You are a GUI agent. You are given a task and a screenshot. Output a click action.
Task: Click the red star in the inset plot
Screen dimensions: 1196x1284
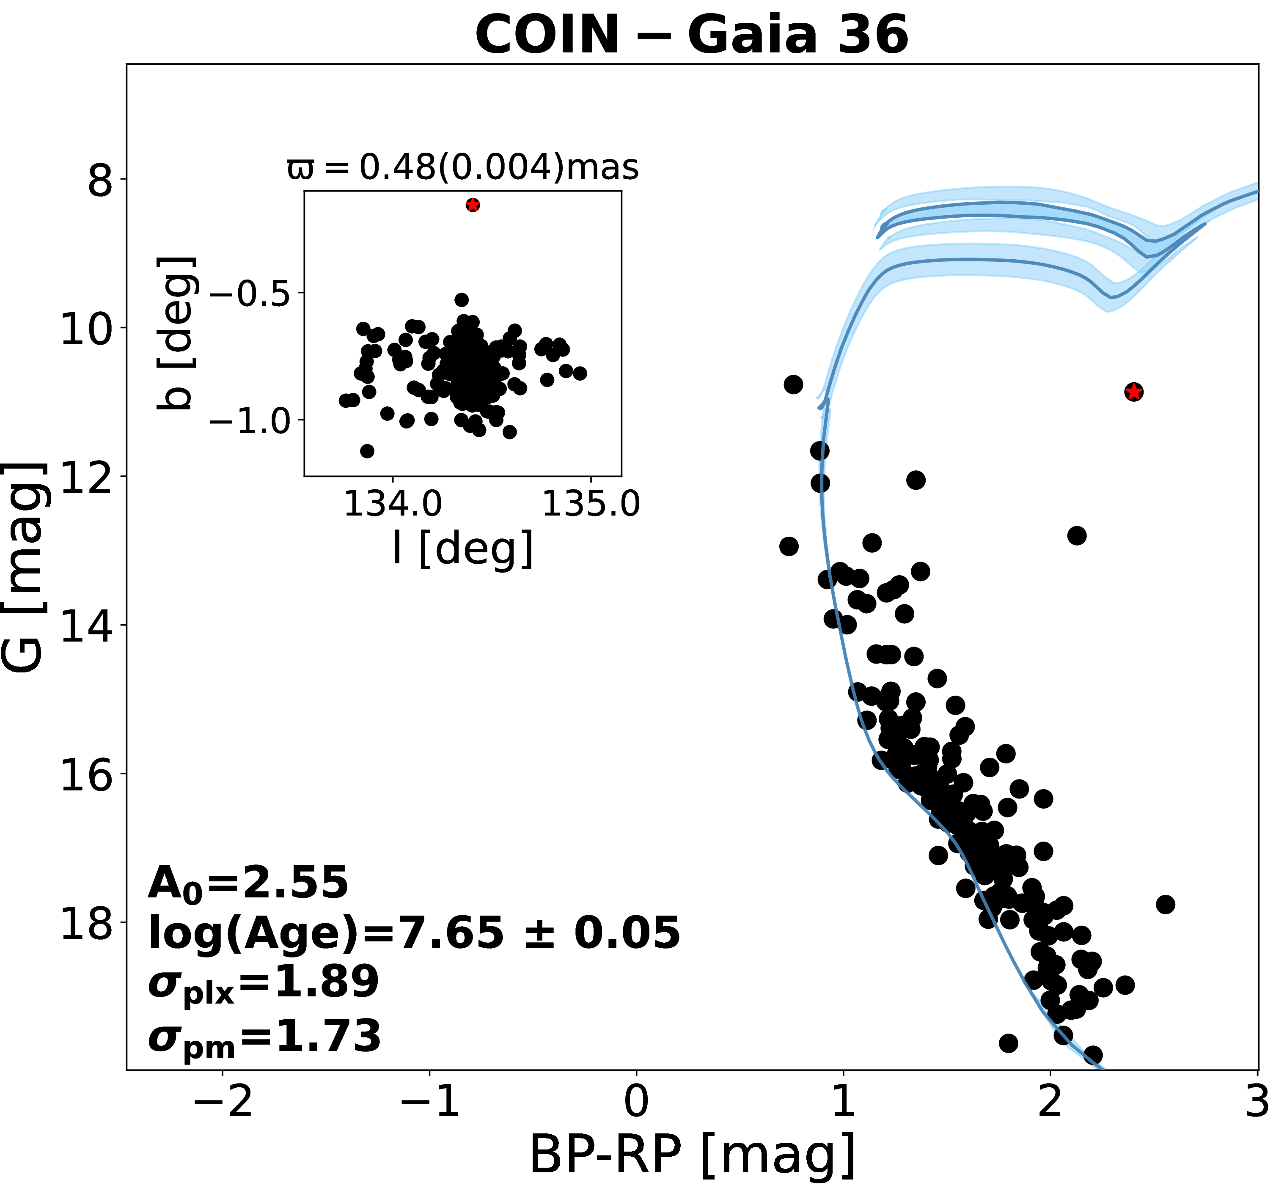tap(473, 206)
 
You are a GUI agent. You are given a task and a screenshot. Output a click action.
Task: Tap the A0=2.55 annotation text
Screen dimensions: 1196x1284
tap(248, 884)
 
